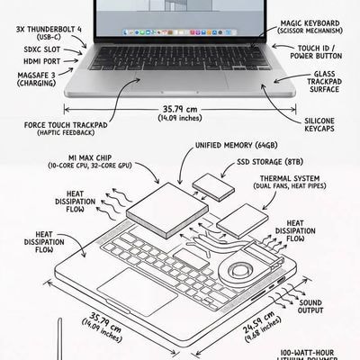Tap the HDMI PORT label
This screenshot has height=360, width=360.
(x=36, y=61)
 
